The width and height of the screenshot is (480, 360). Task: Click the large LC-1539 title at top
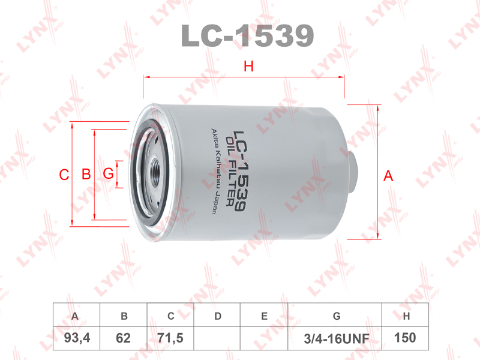247,35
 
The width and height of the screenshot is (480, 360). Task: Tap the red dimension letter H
248,67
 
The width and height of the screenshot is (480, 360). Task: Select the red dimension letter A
388,176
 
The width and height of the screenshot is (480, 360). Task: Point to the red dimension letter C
64,175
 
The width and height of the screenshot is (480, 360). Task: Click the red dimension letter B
86,174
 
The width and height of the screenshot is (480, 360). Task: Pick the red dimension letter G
109,173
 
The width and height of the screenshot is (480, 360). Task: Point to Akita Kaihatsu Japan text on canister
215,172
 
